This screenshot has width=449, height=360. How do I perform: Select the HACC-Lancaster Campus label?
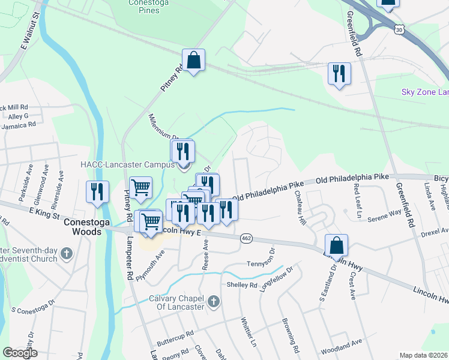(127, 163)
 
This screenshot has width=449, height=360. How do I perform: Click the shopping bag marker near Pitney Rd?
(194, 61)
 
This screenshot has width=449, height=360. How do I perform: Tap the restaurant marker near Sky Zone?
(339, 74)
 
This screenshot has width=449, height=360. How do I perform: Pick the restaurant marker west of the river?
(97, 191)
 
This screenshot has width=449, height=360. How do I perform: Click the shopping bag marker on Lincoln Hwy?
(337, 245)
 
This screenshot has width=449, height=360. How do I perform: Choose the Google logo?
(20, 353)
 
